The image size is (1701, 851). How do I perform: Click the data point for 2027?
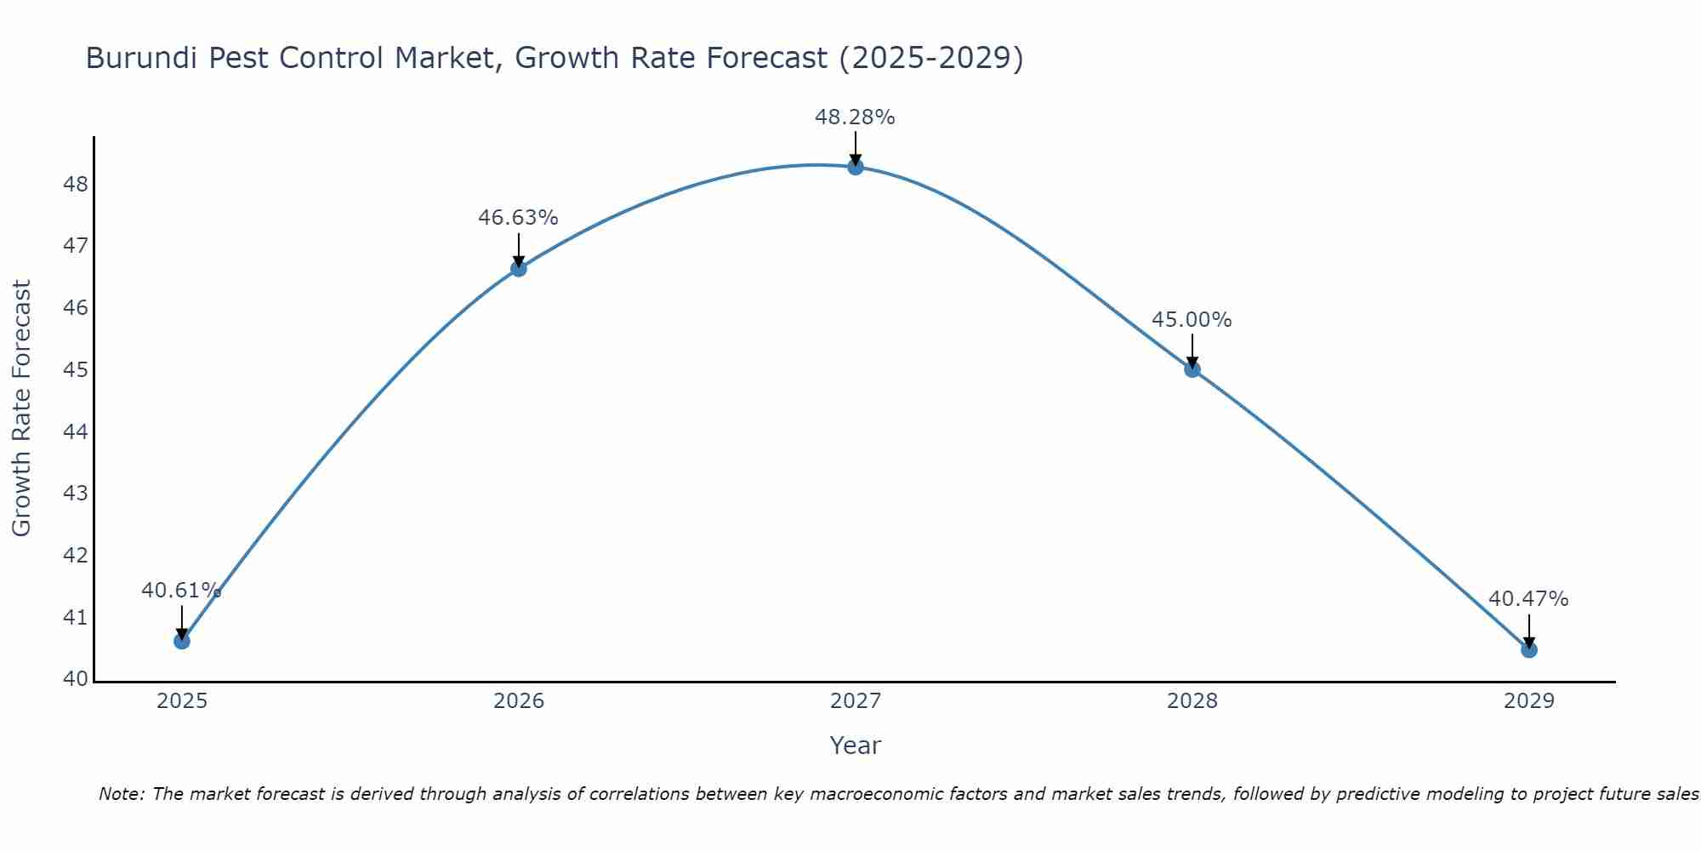click(x=855, y=167)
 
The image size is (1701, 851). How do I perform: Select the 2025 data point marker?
click(x=182, y=641)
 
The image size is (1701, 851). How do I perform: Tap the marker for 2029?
click(x=1528, y=650)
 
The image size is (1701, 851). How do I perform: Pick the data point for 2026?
click(x=519, y=269)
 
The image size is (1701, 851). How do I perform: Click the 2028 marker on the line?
click(x=1192, y=369)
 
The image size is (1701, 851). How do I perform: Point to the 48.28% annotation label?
click(x=855, y=117)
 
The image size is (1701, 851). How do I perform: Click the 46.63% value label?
click(x=518, y=218)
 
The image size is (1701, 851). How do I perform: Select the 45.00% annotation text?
click(x=1192, y=320)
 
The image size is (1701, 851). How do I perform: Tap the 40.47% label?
click(x=1528, y=599)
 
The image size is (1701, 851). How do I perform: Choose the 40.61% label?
click(x=181, y=591)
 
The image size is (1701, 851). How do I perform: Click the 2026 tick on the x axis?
click(x=519, y=701)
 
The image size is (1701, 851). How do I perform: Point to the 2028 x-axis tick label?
click(x=1192, y=701)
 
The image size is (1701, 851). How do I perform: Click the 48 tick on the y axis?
click(x=76, y=185)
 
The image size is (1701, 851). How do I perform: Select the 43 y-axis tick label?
click(x=76, y=494)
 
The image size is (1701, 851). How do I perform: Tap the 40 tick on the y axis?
click(x=76, y=679)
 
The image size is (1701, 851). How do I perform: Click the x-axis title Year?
click(x=855, y=745)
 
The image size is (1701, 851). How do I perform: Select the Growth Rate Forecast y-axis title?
click(x=21, y=408)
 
